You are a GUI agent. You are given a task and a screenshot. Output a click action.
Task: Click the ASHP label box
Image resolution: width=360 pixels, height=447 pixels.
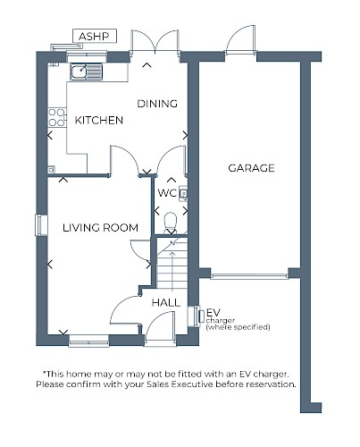(95, 37)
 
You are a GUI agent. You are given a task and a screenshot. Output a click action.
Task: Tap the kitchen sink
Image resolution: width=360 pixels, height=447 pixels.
(87, 72)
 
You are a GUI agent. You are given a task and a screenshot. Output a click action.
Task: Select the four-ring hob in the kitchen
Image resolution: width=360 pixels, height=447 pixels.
(57, 117)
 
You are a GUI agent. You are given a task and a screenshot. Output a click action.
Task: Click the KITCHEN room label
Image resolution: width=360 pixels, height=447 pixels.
(99, 120)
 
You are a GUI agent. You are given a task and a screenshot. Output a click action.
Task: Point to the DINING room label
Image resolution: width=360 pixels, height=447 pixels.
(157, 104)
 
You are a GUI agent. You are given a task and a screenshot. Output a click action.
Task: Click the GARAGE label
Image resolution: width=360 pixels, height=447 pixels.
(251, 168)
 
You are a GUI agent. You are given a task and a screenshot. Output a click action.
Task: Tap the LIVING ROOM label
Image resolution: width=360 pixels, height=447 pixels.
(101, 228)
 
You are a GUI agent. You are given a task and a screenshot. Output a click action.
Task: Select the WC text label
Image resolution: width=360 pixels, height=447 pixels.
(167, 193)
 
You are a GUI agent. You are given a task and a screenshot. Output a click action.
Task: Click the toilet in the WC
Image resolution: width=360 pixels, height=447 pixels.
(171, 223)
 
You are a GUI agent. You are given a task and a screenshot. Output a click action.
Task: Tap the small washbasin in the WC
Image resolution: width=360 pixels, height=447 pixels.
(183, 194)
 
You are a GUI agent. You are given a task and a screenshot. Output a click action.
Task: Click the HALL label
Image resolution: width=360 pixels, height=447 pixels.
(166, 303)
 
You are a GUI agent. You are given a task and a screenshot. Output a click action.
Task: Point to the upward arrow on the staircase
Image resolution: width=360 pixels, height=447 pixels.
(172, 271)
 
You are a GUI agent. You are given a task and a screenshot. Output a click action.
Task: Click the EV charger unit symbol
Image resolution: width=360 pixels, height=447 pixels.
(197, 316)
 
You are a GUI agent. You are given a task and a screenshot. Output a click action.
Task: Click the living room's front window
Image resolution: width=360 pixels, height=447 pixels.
(88, 341)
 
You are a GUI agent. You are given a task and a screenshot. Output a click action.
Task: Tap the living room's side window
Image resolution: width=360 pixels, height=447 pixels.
(41, 225)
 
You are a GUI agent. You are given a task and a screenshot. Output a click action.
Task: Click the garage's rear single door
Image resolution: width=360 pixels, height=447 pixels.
(240, 40)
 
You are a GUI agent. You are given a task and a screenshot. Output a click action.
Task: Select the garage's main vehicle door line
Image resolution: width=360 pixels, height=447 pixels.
(249, 276)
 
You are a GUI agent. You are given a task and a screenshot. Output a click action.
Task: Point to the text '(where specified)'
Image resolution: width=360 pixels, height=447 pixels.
(238, 327)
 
